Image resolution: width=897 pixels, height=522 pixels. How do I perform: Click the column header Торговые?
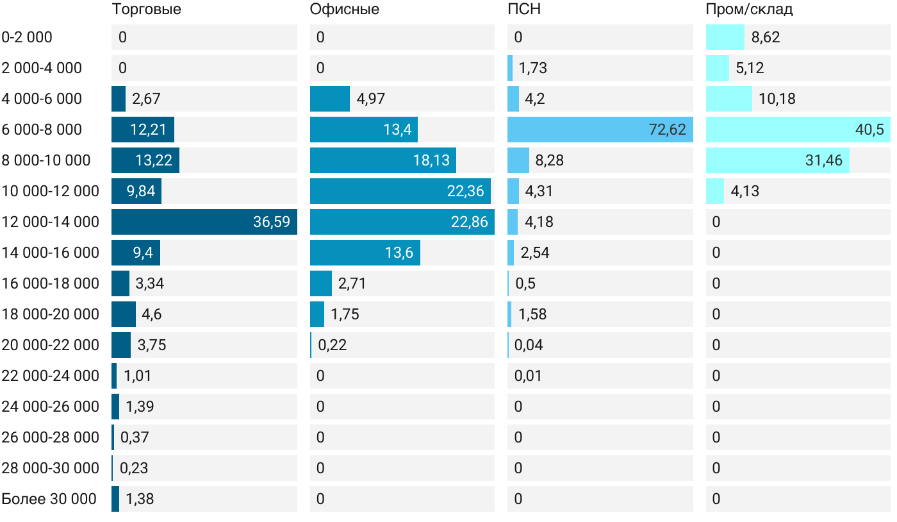146,10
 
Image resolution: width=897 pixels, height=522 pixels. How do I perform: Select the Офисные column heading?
344,10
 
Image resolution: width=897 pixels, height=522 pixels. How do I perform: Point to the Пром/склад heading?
749,10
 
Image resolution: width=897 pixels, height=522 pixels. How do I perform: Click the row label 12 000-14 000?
51,222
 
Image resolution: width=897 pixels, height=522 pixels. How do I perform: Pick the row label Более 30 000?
49,499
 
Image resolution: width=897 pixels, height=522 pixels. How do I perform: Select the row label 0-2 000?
27,37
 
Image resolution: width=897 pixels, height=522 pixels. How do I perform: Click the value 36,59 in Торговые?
272,222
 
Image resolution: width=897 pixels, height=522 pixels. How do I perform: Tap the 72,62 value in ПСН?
667,130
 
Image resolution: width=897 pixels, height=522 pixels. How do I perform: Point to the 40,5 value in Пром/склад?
869,130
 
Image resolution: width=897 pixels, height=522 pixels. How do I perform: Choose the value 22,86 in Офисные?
469,222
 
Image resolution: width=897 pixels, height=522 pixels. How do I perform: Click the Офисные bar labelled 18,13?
383,160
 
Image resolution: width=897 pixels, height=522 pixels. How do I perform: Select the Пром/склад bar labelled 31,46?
777,160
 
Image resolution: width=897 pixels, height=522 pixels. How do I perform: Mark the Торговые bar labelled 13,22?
145,160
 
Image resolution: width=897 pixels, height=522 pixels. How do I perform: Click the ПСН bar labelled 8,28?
518,160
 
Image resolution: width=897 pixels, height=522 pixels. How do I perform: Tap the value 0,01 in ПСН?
528,376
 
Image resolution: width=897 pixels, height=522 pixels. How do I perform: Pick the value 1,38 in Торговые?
140,499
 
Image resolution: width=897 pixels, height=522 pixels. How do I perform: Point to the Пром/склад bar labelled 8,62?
725,37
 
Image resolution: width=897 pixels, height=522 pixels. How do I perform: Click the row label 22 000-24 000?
51,376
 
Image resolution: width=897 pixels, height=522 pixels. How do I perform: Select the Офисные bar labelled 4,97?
329,99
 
